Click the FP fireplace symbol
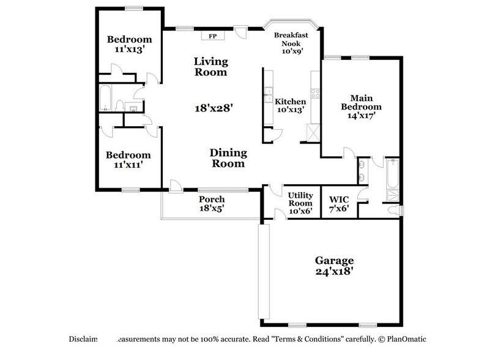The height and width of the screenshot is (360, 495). (213, 36)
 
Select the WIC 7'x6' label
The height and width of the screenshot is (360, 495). (338, 204)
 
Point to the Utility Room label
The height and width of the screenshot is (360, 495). (300, 202)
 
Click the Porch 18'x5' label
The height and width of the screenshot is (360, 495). (212, 204)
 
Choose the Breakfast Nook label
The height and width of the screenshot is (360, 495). (291, 43)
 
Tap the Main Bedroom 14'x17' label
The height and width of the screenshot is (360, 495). (362, 106)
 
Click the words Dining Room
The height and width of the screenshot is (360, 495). (228, 158)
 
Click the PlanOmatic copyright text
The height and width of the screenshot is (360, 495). (406, 339)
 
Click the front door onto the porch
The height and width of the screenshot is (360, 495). (176, 186)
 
